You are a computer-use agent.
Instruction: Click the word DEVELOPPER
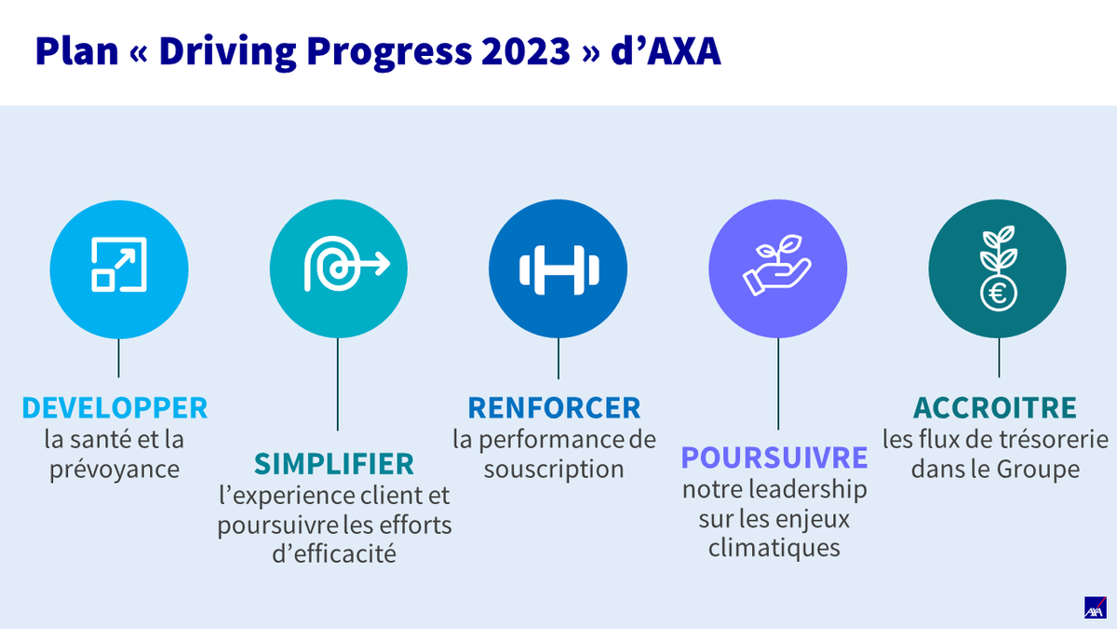114,408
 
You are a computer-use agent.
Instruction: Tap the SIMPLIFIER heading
334,464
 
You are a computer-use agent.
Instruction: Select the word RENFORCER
554,408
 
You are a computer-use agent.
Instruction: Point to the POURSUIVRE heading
774,458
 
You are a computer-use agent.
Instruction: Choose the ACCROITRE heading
995,408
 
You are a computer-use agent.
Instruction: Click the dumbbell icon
558,268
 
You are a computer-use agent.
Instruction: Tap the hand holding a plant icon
778,268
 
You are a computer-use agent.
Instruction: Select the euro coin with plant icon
998,268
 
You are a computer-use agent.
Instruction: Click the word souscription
554,469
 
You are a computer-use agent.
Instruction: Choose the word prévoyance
114,469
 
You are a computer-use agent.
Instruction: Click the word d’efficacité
334,554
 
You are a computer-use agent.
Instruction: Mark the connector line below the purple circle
778,382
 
